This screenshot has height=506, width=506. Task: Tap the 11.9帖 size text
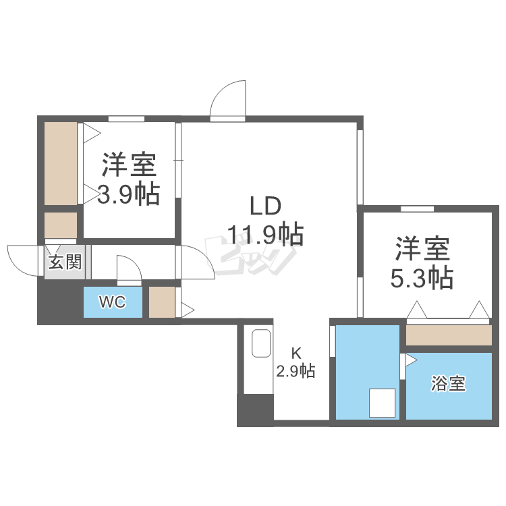click(x=265, y=235)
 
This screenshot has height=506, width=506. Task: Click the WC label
click(x=112, y=302)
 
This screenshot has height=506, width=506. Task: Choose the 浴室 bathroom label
click(x=449, y=385)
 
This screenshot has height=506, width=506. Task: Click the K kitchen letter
click(x=296, y=352)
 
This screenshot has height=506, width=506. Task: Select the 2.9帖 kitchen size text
click(x=296, y=370)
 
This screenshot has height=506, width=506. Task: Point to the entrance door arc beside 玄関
click(x=23, y=260)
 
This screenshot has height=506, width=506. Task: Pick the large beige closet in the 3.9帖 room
click(x=61, y=163)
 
